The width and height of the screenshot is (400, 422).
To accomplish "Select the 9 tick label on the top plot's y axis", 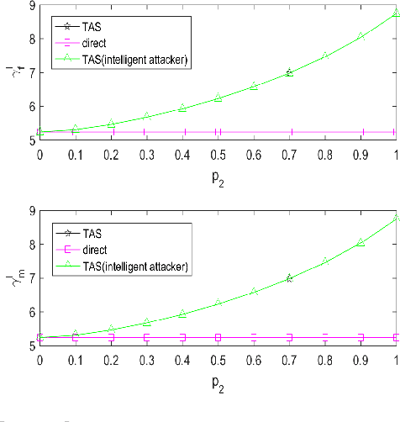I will (32, 6).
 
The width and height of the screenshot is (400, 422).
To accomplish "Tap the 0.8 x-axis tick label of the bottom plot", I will (325, 360).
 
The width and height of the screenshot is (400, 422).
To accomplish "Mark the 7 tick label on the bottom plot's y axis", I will (32, 278).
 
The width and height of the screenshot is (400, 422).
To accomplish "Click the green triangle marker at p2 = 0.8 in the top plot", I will (325, 56).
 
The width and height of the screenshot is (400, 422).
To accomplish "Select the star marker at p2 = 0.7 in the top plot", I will (290, 73).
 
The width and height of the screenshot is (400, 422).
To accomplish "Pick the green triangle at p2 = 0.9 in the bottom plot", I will (361, 243).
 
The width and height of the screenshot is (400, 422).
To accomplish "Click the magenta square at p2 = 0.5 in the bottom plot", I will (218, 337).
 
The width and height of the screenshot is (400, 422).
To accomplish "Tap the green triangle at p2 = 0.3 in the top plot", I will (146, 117).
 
